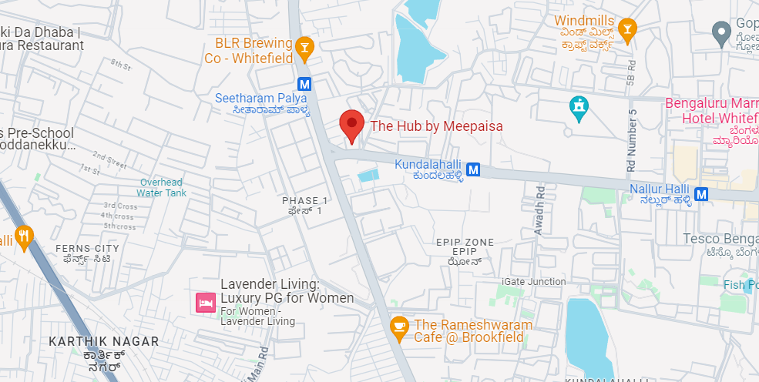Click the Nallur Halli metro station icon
point(701,195)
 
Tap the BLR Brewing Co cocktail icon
point(305,49)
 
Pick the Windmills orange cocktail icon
point(627,29)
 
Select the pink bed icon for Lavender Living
point(205,302)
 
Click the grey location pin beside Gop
point(721,33)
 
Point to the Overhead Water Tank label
point(163,187)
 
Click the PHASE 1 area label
point(305,201)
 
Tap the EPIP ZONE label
point(465,243)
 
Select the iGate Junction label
point(533,282)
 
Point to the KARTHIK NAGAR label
point(103,341)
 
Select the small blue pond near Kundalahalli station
point(369,176)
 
